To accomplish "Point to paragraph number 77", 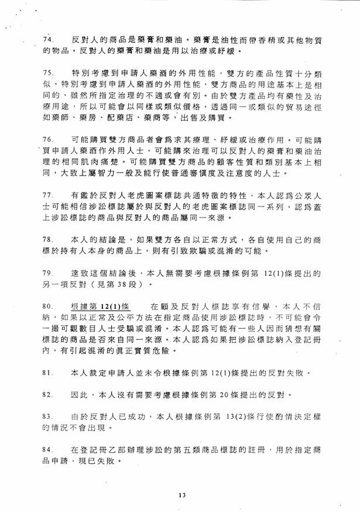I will click(49, 194).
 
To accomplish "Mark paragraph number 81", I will click(49, 371).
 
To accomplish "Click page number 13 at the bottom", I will click(182, 495).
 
